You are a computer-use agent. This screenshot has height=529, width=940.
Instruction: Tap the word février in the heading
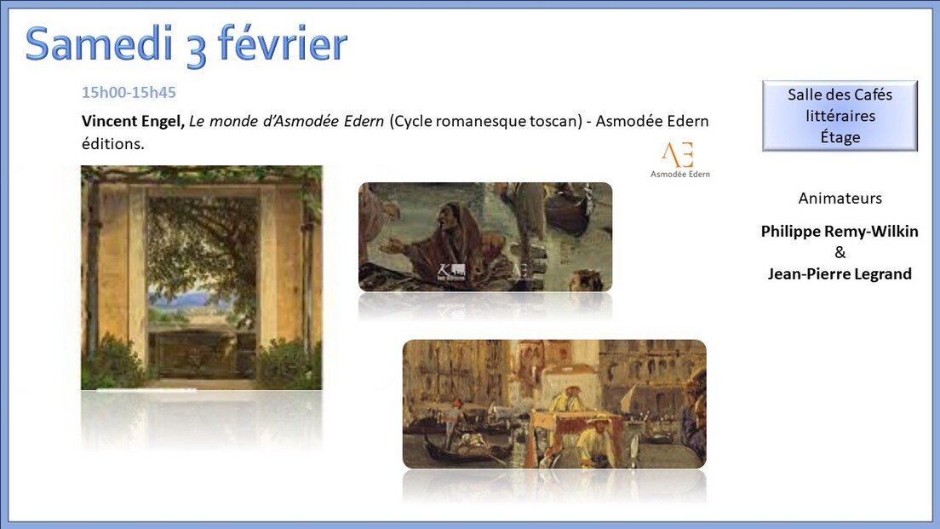pos(282,43)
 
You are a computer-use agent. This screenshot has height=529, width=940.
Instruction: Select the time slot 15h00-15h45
pos(129,92)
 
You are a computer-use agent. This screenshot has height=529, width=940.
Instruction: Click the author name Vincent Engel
pos(133,121)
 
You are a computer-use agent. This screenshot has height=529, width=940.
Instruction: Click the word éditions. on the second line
pos(112,144)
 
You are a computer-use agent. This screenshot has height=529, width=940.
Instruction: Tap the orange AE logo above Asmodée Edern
pos(678,155)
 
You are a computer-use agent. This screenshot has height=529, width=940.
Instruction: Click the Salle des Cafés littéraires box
pos(840,116)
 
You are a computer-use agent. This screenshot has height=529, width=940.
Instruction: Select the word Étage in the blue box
pos(840,137)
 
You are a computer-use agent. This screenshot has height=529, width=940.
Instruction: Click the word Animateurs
pos(840,198)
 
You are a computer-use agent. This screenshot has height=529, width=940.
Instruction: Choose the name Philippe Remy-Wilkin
pos(840,232)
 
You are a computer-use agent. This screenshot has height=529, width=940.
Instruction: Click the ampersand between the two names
pos(840,252)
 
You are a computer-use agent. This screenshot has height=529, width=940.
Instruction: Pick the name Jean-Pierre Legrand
pos(840,274)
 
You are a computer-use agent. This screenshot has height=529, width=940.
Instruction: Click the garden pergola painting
pos(202,278)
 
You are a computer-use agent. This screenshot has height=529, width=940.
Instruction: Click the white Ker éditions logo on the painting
pos(451,272)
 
